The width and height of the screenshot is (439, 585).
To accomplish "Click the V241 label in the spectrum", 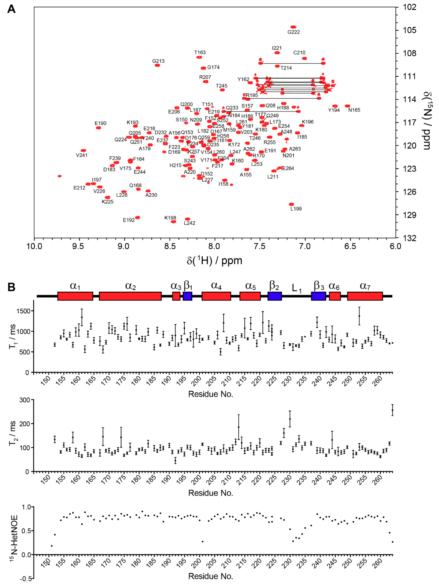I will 82,155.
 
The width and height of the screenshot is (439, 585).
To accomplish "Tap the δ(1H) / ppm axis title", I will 214,261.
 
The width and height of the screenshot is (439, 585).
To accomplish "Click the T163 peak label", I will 200,52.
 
